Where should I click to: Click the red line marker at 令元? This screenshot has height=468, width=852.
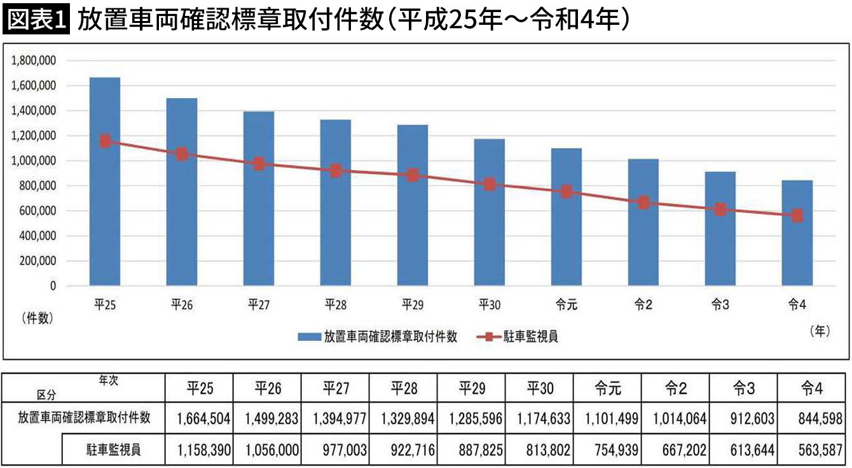[x=567, y=192]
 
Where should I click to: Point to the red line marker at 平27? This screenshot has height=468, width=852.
[x=259, y=164]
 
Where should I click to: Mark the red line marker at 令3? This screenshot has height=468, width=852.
[x=720, y=209]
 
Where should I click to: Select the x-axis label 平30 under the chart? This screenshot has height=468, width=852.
[x=490, y=305]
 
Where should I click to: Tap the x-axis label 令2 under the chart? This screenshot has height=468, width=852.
[x=643, y=305]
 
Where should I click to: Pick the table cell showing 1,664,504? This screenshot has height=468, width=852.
[x=198, y=419]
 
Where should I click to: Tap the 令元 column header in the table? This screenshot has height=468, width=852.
[x=607, y=387]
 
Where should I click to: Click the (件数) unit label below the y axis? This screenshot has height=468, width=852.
[x=37, y=318]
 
